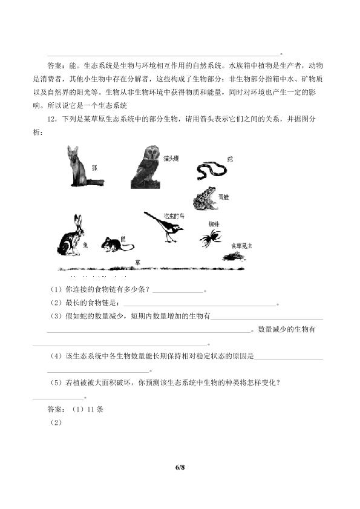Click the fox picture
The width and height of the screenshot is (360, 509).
tap(81, 166)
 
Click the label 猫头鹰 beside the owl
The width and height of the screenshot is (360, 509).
tap(171, 158)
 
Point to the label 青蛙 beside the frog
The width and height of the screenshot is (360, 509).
tap(224, 197)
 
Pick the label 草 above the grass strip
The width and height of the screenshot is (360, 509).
tap(137, 262)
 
